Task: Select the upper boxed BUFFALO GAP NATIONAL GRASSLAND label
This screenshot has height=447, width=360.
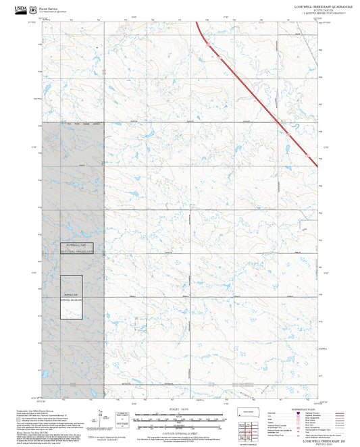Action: pyautogui.click(x=76, y=248)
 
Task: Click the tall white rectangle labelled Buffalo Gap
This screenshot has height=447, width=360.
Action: pyautogui.click(x=72, y=297)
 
